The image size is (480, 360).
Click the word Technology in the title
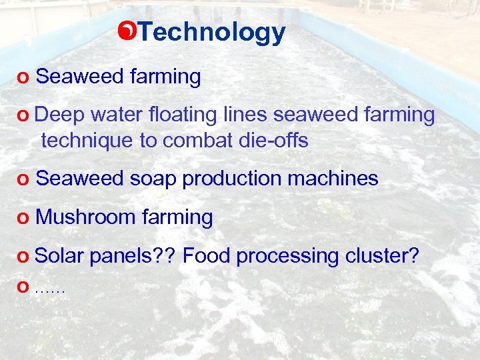pos(213,31)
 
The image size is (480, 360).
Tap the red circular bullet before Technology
pos(131,30)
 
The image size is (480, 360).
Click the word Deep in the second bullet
pos(60,115)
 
